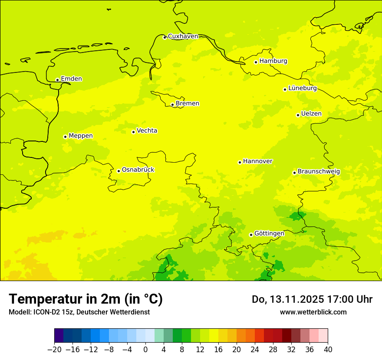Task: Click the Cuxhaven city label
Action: pyautogui.click(x=183, y=36)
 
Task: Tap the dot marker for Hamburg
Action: pyautogui.click(x=256, y=62)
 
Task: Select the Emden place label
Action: pyautogui.click(x=71, y=79)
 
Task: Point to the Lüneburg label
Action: pyautogui.click(x=303, y=88)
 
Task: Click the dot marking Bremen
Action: pyautogui.click(x=172, y=105)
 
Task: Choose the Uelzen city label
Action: pyautogui.click(x=311, y=114)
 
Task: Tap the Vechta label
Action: pyautogui.click(x=147, y=131)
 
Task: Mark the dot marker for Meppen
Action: pyautogui.click(x=65, y=137)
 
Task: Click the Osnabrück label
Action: pyautogui.click(x=138, y=170)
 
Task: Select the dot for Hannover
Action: pyautogui.click(x=240, y=162)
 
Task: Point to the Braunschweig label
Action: pyautogui.click(x=319, y=171)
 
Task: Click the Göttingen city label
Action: pyautogui.click(x=269, y=233)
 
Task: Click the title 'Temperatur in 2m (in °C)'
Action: pyautogui.click(x=86, y=299)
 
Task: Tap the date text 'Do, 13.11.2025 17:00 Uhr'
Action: pyautogui.click(x=312, y=299)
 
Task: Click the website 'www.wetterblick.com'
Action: pyautogui.click(x=313, y=312)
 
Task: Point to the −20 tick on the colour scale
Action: pyautogui.click(x=54, y=350)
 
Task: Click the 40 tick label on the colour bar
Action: pyautogui.click(x=328, y=350)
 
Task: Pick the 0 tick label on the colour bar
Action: pyautogui.click(x=145, y=350)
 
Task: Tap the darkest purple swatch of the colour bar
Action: pyautogui.click(x=59, y=336)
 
